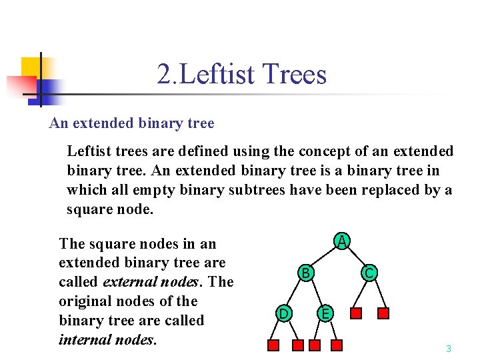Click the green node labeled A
point(341,241)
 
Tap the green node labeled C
point(369,272)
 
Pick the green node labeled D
point(283,313)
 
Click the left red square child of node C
point(357,313)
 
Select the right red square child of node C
point(383,313)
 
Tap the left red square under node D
point(273,345)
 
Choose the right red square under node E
point(337,345)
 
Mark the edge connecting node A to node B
point(323,257)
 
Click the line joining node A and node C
point(355,257)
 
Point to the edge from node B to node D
point(294,293)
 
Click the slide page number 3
point(449,349)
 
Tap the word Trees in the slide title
point(295,74)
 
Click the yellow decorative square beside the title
point(31,67)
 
